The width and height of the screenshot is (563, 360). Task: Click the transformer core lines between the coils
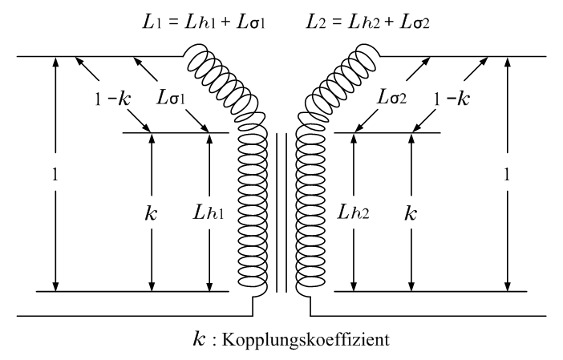[281, 212]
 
